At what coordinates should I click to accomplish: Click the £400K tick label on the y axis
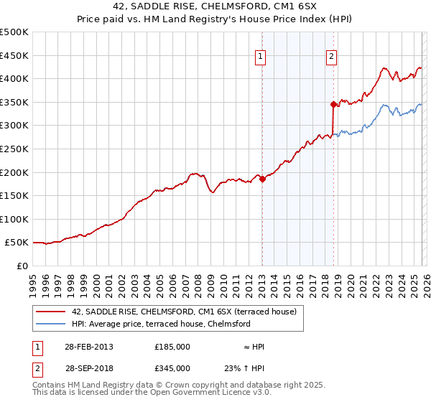click(x=14, y=78)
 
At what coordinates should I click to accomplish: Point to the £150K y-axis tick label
click(x=14, y=195)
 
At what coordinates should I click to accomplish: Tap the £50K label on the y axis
click(x=17, y=243)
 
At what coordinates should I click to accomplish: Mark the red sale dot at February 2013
click(x=262, y=179)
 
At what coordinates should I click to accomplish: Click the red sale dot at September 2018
click(x=333, y=105)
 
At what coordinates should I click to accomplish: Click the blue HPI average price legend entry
click(x=160, y=324)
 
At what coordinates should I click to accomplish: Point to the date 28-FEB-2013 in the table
click(x=88, y=347)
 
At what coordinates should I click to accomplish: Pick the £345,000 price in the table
click(x=172, y=368)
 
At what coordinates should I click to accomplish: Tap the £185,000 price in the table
click(x=172, y=347)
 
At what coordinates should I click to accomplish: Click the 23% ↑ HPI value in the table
click(x=245, y=368)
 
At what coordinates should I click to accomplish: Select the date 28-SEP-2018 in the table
click(x=88, y=368)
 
